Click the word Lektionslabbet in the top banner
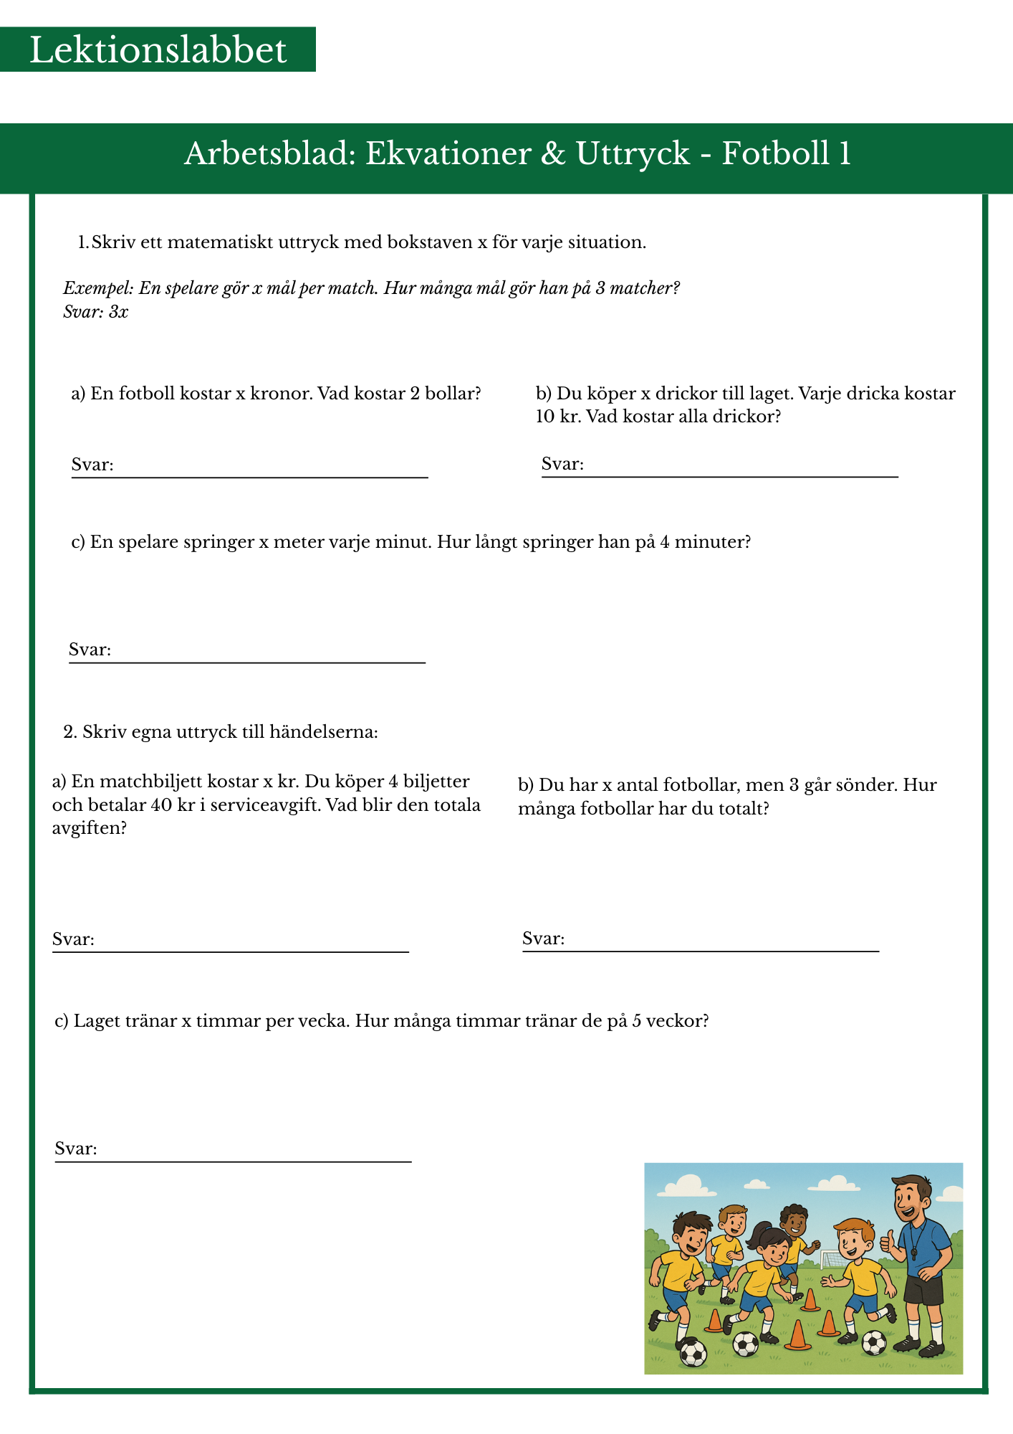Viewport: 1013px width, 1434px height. click(158, 50)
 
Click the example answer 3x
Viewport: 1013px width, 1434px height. click(119, 312)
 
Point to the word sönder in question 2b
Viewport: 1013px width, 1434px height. click(860, 785)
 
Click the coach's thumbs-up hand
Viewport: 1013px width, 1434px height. click(888, 1242)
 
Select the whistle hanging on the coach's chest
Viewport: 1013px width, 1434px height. click(915, 1253)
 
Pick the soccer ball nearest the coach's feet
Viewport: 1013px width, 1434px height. click(874, 1342)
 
